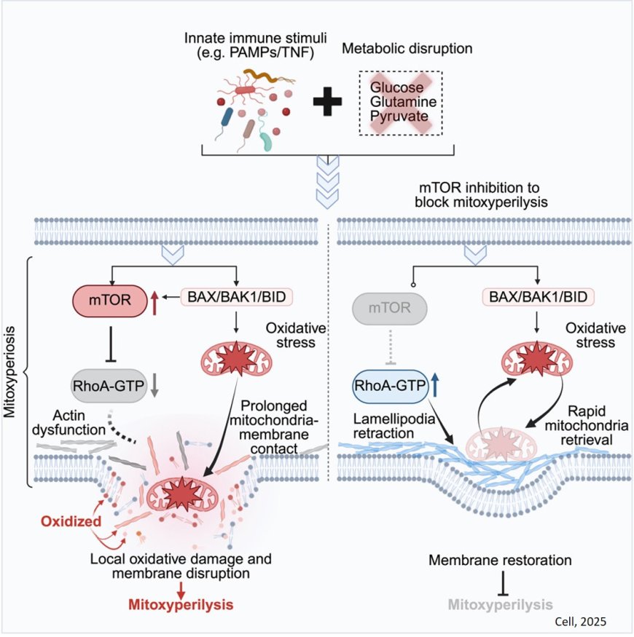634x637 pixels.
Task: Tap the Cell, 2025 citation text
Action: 580,621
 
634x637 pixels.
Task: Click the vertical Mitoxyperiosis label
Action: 12,373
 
